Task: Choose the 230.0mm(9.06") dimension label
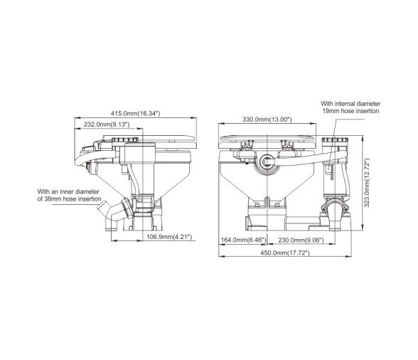point(299,240)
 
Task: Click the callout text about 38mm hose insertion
point(69,196)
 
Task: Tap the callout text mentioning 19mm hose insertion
point(350,107)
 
